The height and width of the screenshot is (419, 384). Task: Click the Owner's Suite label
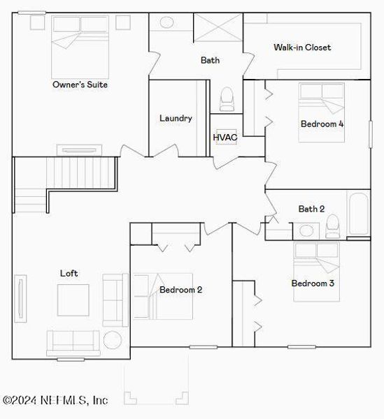(80, 84)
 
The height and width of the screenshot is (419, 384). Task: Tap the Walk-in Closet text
(302, 47)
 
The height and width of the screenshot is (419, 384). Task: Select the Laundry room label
(176, 118)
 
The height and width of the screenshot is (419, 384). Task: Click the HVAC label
(225, 137)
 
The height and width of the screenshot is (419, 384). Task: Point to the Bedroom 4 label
(322, 124)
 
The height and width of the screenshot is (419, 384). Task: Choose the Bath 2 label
(311, 208)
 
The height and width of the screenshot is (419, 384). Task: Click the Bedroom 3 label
(313, 283)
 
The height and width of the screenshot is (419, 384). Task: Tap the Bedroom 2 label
(180, 289)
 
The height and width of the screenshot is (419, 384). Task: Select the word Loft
(69, 273)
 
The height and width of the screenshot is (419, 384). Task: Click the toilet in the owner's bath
(227, 100)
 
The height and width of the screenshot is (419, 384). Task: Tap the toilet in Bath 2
(333, 225)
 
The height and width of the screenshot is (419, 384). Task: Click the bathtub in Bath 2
(359, 214)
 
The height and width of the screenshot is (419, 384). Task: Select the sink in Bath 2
(306, 230)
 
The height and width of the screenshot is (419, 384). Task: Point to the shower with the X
(218, 28)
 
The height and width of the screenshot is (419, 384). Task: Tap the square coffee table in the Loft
(73, 300)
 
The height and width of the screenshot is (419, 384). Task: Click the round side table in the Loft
(112, 340)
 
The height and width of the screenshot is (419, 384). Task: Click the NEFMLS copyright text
(55, 401)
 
